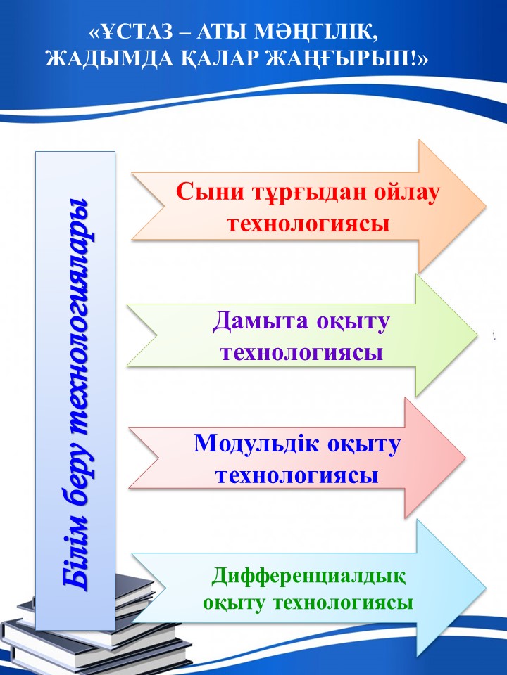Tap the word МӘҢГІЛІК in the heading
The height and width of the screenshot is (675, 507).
coord(317,32)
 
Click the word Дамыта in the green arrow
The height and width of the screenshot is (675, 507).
coord(261,321)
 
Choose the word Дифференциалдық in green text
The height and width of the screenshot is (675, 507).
coord(308,577)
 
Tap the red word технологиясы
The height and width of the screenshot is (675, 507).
coord(308,224)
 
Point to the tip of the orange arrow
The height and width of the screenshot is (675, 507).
coord(486,206)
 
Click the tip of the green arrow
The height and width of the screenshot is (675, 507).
coord(477,335)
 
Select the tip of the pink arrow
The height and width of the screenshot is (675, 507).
coord(465,457)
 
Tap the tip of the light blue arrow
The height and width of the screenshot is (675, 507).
coord(486,588)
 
